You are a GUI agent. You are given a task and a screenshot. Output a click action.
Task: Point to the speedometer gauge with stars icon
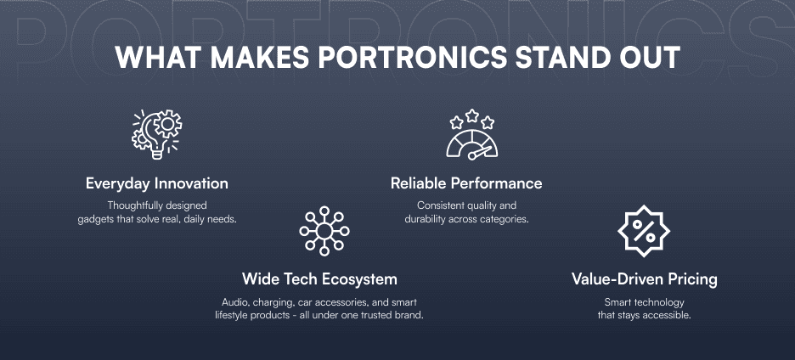[472, 135]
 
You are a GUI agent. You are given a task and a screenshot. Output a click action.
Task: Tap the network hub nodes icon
[324, 229]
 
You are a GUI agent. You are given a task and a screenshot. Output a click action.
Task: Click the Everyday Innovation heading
[157, 183]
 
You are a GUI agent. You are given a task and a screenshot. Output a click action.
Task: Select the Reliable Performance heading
[466, 183]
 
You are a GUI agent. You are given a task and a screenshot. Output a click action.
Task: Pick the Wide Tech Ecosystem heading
[319, 278]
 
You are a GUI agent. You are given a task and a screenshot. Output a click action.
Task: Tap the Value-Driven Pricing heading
[645, 278]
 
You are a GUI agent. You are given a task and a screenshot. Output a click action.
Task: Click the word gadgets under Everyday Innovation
[98, 219]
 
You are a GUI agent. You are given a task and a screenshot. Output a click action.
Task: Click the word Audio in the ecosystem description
[235, 302]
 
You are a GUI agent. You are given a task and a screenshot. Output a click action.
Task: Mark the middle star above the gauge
[472, 114]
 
